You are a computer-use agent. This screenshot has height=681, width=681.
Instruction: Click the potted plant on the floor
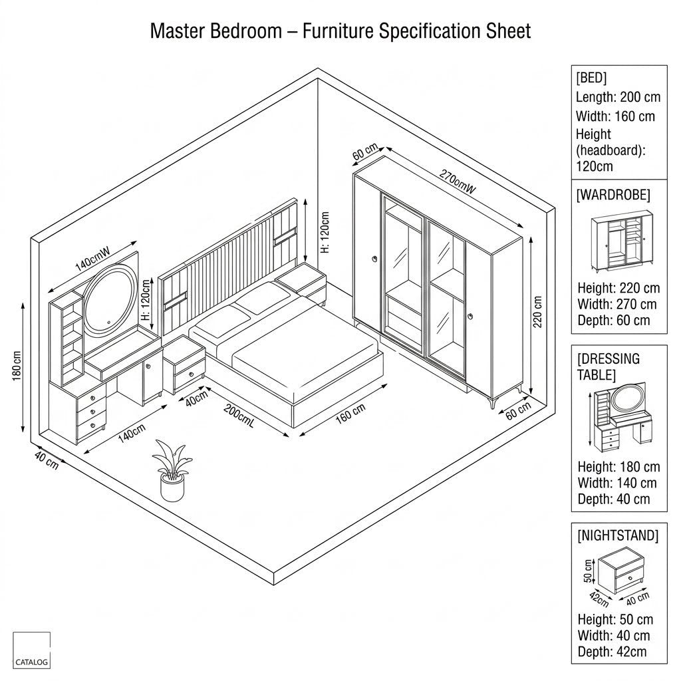[x=172, y=472]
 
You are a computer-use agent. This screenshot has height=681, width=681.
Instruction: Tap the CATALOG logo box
[x=31, y=650]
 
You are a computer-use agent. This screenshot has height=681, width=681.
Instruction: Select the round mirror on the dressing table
[x=110, y=300]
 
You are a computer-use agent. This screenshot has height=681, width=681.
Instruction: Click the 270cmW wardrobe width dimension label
[x=458, y=181]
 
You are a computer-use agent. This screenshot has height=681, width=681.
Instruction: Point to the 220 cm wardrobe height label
[x=537, y=312]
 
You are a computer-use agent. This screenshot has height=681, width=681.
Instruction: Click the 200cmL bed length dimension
[x=239, y=415]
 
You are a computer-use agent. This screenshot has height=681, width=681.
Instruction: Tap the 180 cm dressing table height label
[x=17, y=366]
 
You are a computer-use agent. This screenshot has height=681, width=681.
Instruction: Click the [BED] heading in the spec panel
[x=591, y=78]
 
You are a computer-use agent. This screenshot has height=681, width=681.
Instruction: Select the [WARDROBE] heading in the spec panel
[x=613, y=195]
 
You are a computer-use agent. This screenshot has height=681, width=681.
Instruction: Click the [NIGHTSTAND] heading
[x=618, y=535]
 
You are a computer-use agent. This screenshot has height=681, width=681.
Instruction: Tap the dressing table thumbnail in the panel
[x=621, y=418]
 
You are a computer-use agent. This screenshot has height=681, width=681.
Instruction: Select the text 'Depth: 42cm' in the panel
[x=612, y=652]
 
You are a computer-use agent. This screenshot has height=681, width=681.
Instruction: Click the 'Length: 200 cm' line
[x=618, y=97]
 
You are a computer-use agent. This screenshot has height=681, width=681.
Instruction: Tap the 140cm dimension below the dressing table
[x=132, y=432]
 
